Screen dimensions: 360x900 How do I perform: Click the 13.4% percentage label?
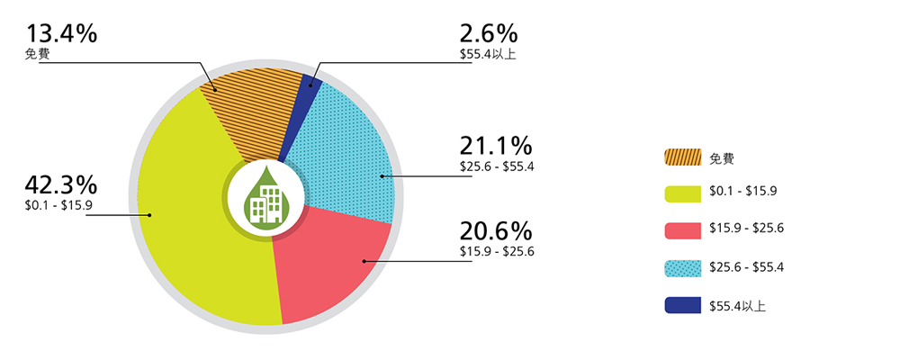tap(62, 34)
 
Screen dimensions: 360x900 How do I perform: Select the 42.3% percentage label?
tap(62, 185)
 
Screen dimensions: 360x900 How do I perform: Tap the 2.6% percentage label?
tap(488, 34)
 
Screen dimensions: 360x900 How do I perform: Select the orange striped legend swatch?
tap(682, 157)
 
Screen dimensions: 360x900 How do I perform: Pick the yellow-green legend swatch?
tap(682, 193)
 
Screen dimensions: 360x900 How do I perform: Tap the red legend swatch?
tap(682, 229)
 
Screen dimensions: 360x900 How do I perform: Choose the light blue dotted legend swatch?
tap(682, 267)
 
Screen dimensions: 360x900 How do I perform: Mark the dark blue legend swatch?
tap(682, 305)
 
